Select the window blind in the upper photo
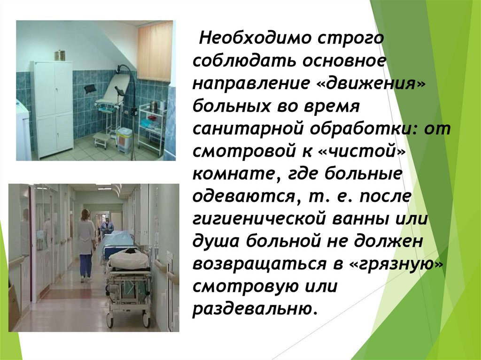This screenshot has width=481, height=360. [x=155, y=52]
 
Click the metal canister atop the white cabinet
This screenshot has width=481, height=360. [x=59, y=55]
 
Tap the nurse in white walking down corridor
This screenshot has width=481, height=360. [x=85, y=244]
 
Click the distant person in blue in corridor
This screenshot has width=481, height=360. [x=107, y=228]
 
